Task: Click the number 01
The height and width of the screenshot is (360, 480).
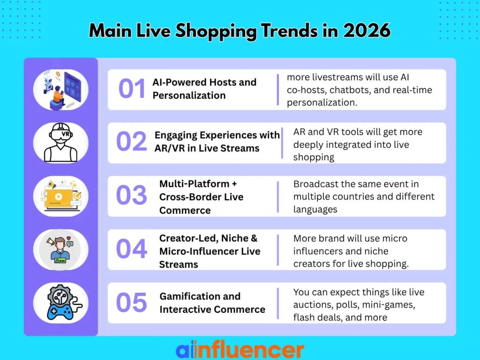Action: [x=132, y=89]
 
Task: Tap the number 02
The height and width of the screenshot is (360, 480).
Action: [x=132, y=142]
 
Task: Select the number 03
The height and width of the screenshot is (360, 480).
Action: [x=132, y=196]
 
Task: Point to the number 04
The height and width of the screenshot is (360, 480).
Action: [x=132, y=249]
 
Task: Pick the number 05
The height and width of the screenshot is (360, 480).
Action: [x=132, y=302]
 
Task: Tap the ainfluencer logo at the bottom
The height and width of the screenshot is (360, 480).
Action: [x=240, y=350]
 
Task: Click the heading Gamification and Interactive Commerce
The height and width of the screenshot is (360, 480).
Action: [x=212, y=303]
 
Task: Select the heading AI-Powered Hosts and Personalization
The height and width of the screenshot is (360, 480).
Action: [x=204, y=89]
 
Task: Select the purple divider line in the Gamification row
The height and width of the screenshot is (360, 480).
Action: [x=278, y=303]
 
